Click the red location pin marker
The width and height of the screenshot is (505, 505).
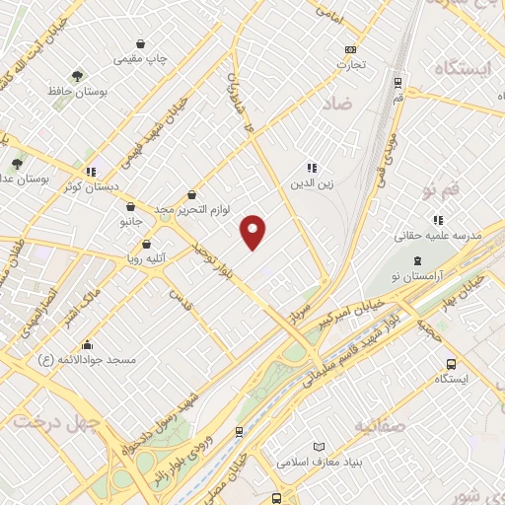tap(253, 231)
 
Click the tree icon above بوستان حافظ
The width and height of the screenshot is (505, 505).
tap(77, 76)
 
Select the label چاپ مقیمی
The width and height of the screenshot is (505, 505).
tap(141, 59)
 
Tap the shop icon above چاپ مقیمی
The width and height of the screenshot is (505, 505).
tap(142, 44)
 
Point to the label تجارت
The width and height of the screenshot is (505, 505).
tap(350, 65)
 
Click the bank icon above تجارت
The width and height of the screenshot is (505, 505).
tap(350, 50)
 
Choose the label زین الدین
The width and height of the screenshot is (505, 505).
tap(312, 182)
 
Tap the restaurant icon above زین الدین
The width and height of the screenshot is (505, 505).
tap(312, 168)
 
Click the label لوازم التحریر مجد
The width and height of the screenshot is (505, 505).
tap(192, 210)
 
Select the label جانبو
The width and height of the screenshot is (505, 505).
tap(131, 222)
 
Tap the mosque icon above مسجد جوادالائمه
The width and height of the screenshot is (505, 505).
tap(88, 344)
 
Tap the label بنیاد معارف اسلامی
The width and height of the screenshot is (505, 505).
tap(316, 461)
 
